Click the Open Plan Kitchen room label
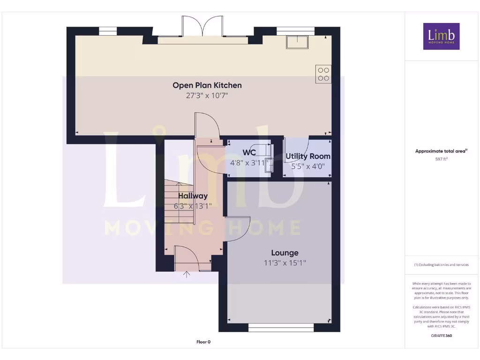[x=207, y=85]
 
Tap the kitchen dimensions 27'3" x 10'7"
[x=207, y=96]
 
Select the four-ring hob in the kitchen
[x=323, y=75]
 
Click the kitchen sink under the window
[x=297, y=42]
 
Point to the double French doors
[x=202, y=27]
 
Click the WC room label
[x=249, y=153]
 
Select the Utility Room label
[x=308, y=156]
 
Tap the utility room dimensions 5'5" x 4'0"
[x=308, y=166]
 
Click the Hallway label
[x=193, y=196]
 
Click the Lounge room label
[x=285, y=253]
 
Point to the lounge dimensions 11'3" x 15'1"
[x=285, y=263]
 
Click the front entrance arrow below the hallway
[x=187, y=275]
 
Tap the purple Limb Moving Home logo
[x=441, y=36]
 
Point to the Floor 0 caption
[x=203, y=342]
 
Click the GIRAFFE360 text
[x=441, y=336]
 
